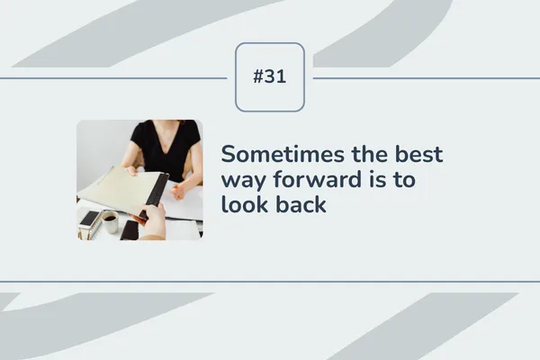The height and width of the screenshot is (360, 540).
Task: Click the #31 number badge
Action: (x=270, y=77)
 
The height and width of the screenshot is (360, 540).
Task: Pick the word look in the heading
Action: (x=244, y=205)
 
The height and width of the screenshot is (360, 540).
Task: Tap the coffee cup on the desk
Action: (x=109, y=221)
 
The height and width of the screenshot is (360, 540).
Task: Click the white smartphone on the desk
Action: (x=89, y=218)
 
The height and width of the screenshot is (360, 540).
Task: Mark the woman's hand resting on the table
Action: (x=180, y=190)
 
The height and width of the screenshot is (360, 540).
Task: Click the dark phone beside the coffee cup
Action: (x=130, y=230)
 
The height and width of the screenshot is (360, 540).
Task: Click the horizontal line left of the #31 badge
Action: (x=117, y=77)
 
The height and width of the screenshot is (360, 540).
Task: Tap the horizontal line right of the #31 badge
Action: (x=423, y=77)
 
